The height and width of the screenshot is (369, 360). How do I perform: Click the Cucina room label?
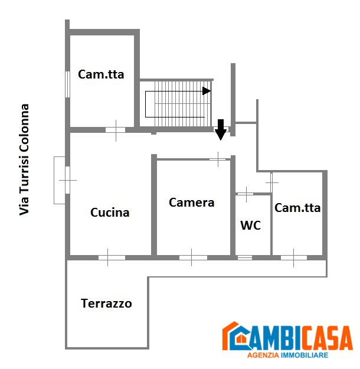click(x=110, y=213)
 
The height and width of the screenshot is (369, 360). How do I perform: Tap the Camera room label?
click(x=191, y=203)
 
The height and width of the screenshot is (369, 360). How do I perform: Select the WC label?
click(x=250, y=226)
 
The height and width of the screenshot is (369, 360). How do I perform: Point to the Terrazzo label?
click(x=106, y=304)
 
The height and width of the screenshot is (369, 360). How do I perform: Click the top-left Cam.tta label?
click(x=101, y=74)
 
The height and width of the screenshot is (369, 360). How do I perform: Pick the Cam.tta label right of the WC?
click(x=297, y=208)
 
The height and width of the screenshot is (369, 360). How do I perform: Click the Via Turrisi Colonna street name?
click(x=25, y=159)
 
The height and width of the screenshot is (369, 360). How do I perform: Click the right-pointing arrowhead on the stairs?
click(x=207, y=91)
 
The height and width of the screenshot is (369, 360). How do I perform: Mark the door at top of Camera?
click(x=218, y=158)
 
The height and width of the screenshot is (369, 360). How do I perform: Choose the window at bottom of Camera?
click(x=193, y=257)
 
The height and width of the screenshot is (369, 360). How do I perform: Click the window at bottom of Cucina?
click(x=112, y=257)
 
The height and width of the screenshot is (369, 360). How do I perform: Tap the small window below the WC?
click(x=244, y=257)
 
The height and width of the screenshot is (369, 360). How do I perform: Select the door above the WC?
click(x=245, y=193)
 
